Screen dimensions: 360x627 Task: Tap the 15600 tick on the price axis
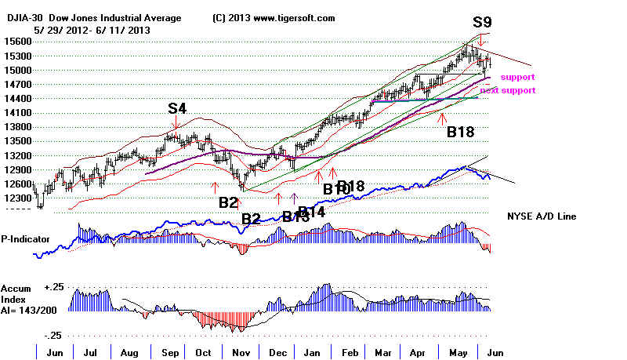coord(17,42)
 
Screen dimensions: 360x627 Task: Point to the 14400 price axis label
coord(17,99)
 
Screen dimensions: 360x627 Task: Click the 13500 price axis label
coord(17,141)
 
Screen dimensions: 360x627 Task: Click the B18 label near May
coord(462,133)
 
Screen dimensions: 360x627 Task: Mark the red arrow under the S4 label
coord(176,122)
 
